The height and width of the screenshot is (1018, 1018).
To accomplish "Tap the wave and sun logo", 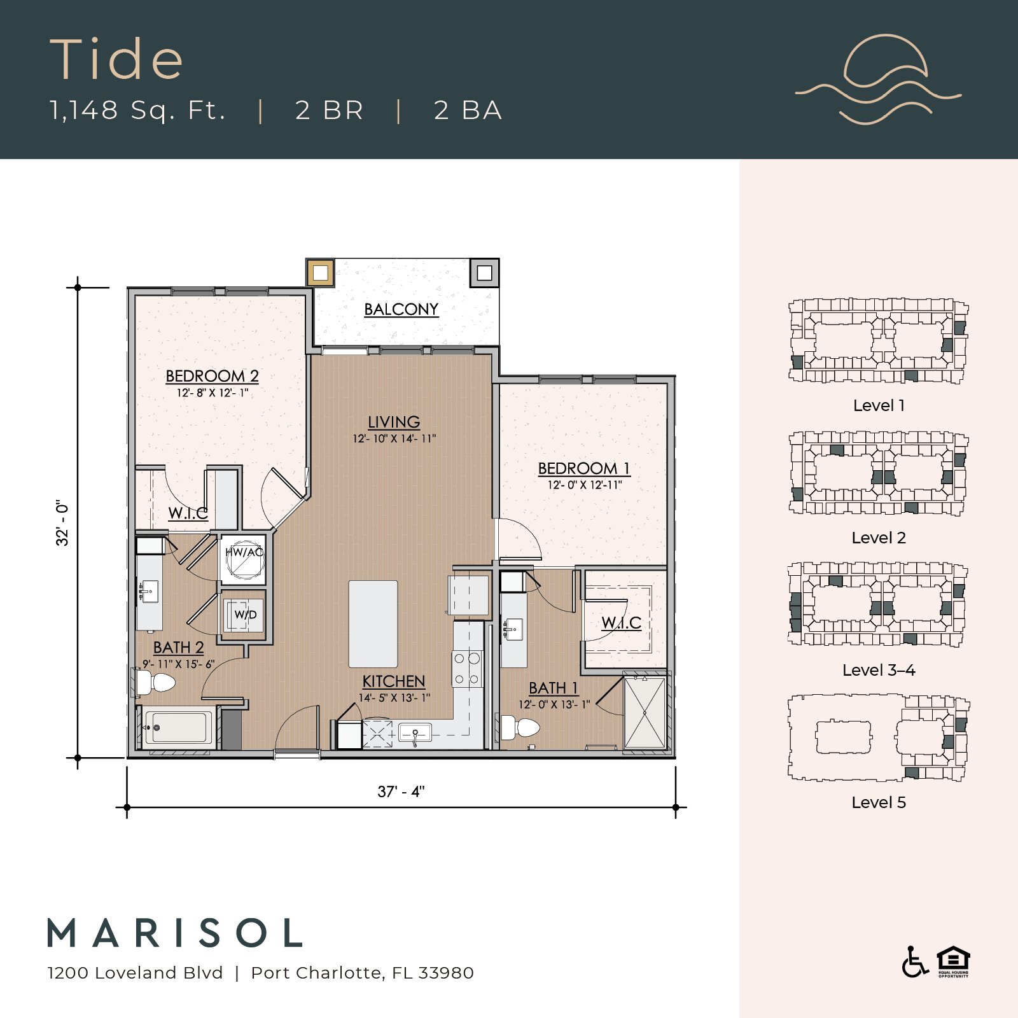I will click(x=879, y=80).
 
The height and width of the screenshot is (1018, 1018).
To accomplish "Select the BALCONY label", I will click(x=401, y=310).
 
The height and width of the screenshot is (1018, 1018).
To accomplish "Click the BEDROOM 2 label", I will click(x=212, y=376).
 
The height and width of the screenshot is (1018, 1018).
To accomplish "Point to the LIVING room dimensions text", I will click(x=394, y=438).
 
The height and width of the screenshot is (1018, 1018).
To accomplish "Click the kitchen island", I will click(x=373, y=623).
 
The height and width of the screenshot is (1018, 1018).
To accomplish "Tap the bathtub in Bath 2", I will click(x=178, y=727).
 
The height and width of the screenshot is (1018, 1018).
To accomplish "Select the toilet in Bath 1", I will click(x=520, y=727).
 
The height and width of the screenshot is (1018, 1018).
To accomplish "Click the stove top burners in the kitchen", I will click(x=466, y=669).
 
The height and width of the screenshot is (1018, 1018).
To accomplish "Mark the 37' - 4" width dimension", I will click(x=401, y=791).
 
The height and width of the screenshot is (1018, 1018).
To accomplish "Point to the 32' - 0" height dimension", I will click(x=62, y=523).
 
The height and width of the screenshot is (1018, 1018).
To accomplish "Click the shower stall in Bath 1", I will click(x=645, y=713).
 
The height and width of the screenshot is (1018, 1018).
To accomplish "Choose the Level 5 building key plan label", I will click(x=878, y=802).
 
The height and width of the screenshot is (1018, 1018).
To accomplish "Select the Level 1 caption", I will click(x=878, y=405).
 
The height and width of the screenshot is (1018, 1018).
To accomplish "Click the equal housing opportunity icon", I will click(x=952, y=961).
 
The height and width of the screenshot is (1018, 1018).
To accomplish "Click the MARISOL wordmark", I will click(x=175, y=933).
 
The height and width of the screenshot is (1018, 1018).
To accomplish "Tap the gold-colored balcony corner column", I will click(x=320, y=273).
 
